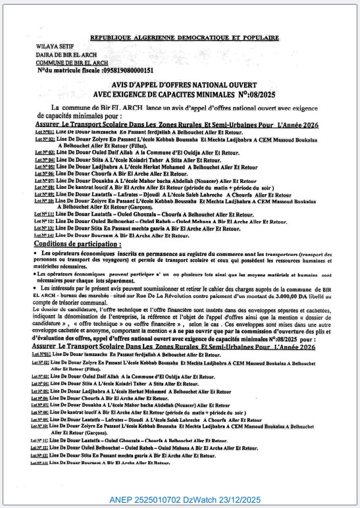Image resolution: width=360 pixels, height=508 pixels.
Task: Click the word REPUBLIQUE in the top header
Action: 113,39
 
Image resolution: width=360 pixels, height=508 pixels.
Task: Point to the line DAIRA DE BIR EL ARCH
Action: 66,55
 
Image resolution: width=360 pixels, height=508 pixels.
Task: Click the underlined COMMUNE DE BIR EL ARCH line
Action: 71,63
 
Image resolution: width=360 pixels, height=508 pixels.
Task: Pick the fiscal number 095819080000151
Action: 122,70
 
